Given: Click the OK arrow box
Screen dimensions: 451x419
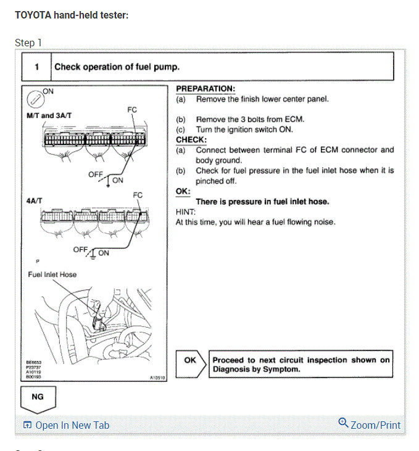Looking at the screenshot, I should tap(190, 360).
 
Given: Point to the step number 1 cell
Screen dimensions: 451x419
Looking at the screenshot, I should tap(36, 67).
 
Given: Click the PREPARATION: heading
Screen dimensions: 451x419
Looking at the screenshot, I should tap(205, 89).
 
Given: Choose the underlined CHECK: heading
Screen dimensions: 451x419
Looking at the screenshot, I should tap(191, 139).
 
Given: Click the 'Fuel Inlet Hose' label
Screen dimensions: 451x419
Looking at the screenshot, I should tap(52, 274).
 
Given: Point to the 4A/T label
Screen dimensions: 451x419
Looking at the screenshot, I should tap(35, 201).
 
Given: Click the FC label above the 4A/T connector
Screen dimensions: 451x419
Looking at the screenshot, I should tap(138, 195).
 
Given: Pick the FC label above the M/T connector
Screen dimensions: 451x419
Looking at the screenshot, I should tap(132, 110).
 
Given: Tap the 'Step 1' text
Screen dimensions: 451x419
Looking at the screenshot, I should tap(28, 43).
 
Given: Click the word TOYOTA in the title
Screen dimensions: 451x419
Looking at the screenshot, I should tap(33, 15).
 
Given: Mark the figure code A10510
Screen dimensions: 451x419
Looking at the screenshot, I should tap(157, 378).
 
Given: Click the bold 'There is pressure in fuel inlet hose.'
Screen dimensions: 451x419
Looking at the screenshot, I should tap(262, 202).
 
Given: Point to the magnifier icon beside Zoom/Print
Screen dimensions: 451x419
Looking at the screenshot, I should tap(344, 423).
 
